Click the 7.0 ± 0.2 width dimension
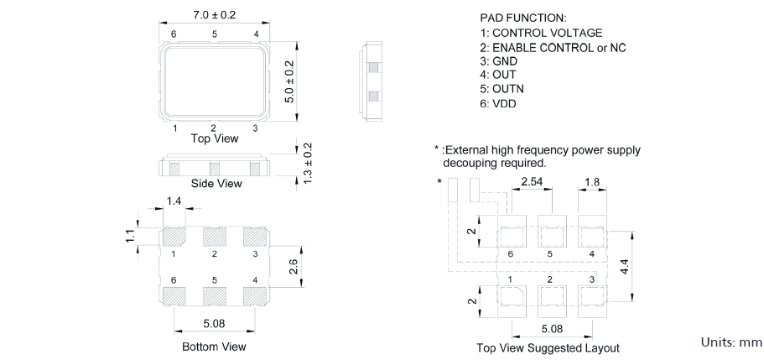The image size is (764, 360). tap(214, 15)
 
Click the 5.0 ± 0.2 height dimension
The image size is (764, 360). tap(290, 81)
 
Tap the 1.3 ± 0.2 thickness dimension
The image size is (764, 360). tap(307, 163)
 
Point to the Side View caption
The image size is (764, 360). tap(216, 183)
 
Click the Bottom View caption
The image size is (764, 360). tap(214, 346)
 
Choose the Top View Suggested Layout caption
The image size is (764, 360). tap(548, 348)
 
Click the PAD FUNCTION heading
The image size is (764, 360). tap(523, 18)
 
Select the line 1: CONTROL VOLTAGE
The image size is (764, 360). tap(541, 33)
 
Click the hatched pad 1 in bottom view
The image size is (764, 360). tap(174, 236)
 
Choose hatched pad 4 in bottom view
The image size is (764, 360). tap(255, 295)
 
